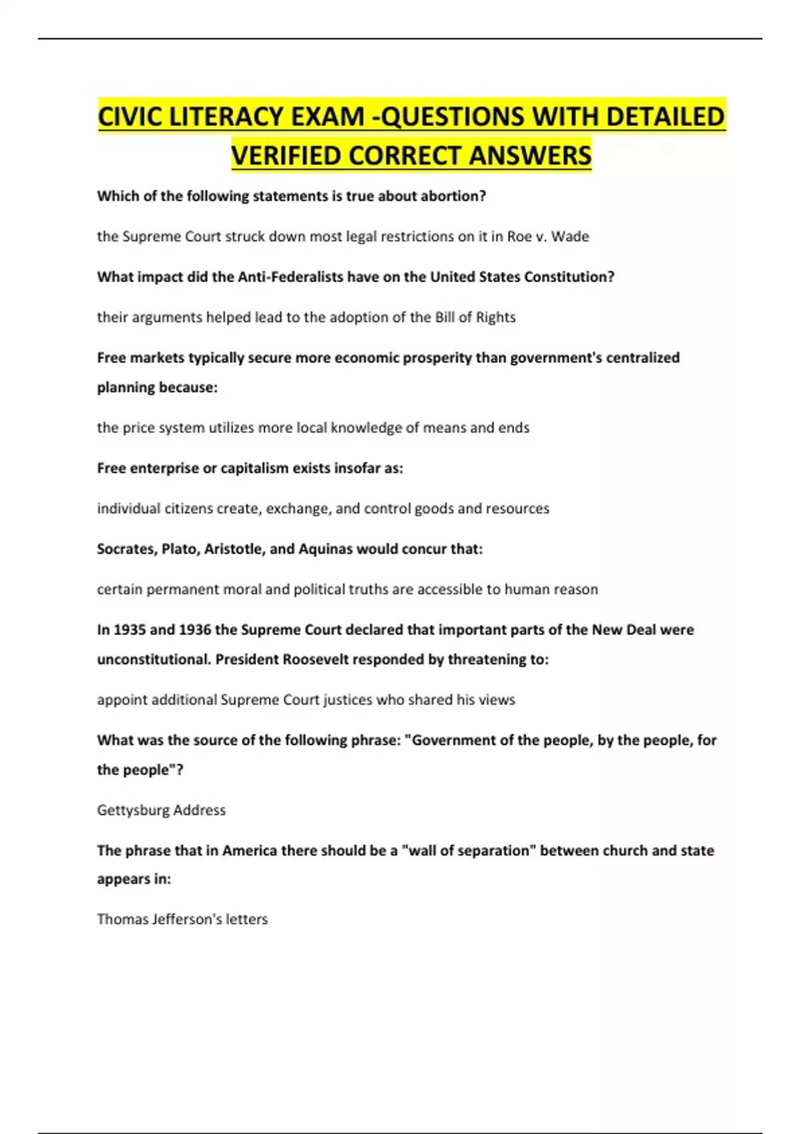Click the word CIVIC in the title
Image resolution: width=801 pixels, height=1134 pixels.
pyautogui.click(x=131, y=117)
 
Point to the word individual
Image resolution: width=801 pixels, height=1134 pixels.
pyautogui.click(x=129, y=508)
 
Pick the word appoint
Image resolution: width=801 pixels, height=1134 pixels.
pyautogui.click(x=122, y=700)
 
